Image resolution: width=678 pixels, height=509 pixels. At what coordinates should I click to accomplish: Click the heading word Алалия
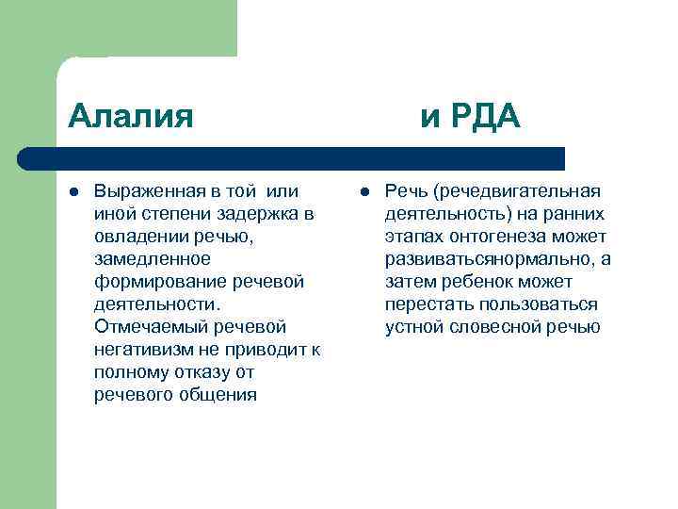[x=131, y=116]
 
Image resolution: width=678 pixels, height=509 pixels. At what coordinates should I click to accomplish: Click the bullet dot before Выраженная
[x=73, y=191]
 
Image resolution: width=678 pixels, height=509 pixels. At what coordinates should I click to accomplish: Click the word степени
[x=165, y=214]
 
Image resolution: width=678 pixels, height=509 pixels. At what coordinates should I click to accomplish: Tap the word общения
[x=217, y=395]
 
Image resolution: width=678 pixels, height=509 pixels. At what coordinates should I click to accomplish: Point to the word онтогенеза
[x=489, y=237]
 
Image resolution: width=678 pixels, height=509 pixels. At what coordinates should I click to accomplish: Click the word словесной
[x=497, y=327]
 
